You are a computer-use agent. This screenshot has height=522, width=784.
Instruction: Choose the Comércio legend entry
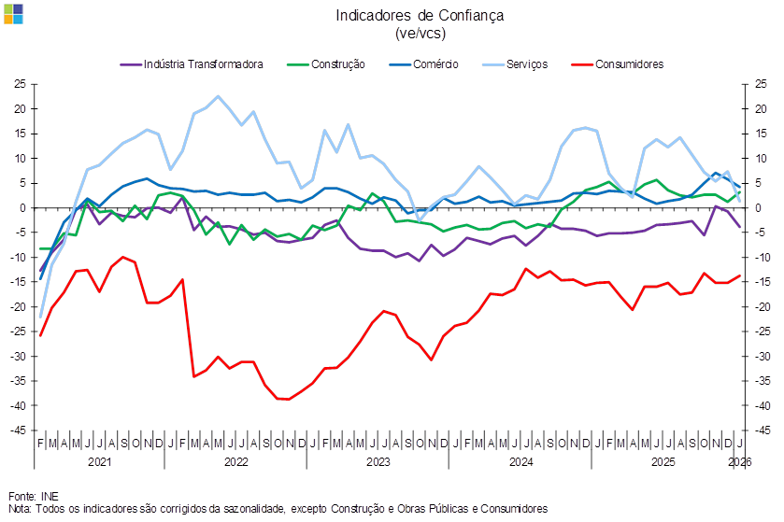pos(432,65)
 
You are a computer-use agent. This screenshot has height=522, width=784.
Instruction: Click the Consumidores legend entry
pos(629,65)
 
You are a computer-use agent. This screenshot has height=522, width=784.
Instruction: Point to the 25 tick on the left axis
pos(19,84)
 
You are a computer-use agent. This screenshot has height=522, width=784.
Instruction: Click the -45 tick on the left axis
pos(19,430)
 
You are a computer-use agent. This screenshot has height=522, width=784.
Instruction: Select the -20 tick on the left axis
pos(19,307)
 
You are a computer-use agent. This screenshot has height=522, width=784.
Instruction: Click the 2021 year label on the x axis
pos(100,460)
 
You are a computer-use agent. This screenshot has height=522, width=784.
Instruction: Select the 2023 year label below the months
pos(378,460)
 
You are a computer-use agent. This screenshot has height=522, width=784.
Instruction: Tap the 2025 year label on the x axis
pos(663,460)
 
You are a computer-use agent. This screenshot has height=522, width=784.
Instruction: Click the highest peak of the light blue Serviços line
pos(219,96)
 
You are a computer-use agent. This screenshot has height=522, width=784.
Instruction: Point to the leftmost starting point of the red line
pos(40,335)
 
